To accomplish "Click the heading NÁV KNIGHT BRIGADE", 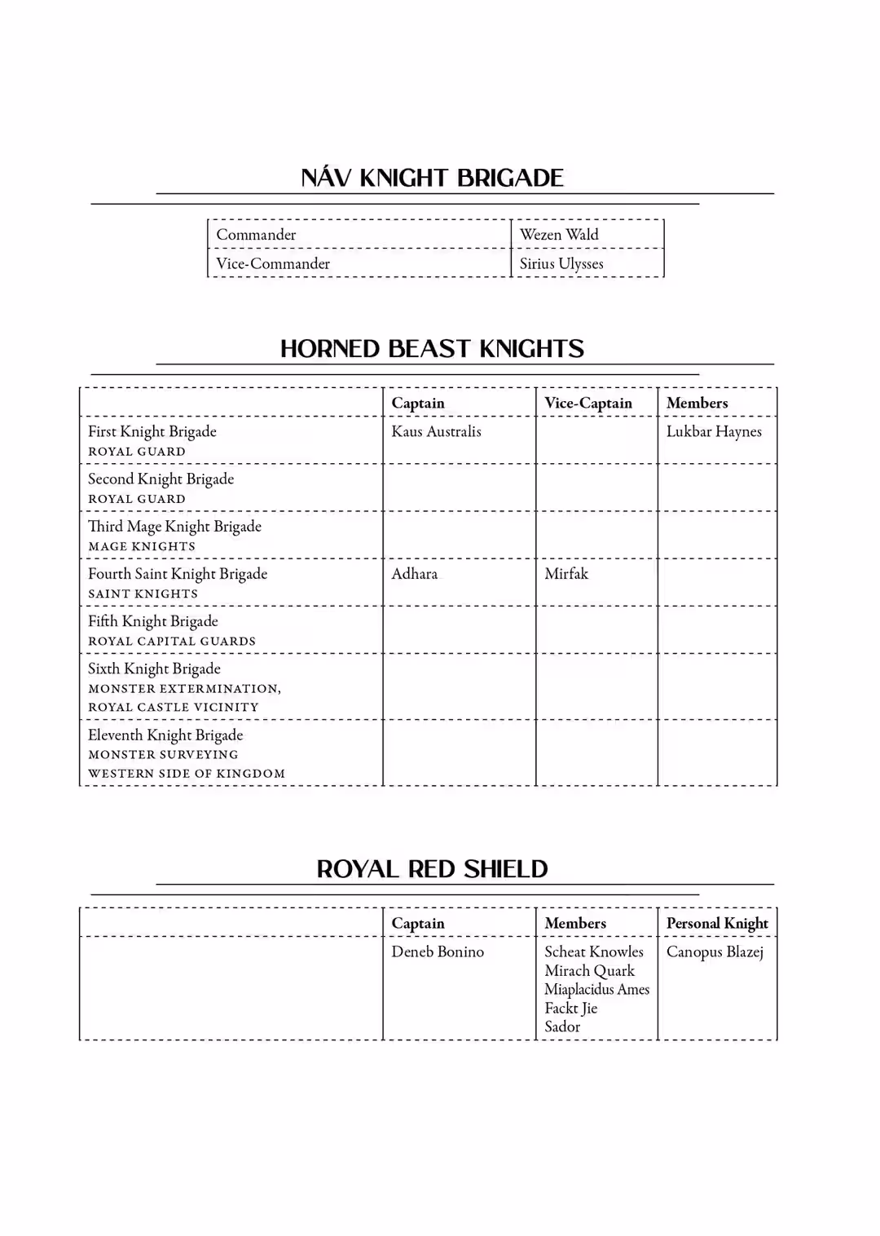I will [432, 178].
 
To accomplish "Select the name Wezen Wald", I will [559, 235].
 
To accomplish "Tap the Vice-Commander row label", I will [273, 263].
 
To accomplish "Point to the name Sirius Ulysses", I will [561, 263].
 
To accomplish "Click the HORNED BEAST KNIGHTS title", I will [432, 349].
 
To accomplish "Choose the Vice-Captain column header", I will [587, 403].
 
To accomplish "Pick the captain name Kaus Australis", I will [436, 431].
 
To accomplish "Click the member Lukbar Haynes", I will [714, 431].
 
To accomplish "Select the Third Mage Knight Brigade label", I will [174, 527].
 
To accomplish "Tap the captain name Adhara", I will [414, 574].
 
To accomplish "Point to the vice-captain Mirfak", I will [565, 574].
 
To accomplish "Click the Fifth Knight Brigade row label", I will [153, 621].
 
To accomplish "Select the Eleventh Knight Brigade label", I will [165, 735].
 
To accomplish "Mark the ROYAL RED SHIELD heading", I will [432, 869].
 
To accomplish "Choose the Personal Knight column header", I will [717, 923].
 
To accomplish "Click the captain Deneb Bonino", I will [438, 951].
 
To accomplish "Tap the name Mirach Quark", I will [589, 970].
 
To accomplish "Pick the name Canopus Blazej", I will [715, 951].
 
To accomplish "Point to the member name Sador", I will [562, 1026].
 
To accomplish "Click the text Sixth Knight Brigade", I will [154, 669].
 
